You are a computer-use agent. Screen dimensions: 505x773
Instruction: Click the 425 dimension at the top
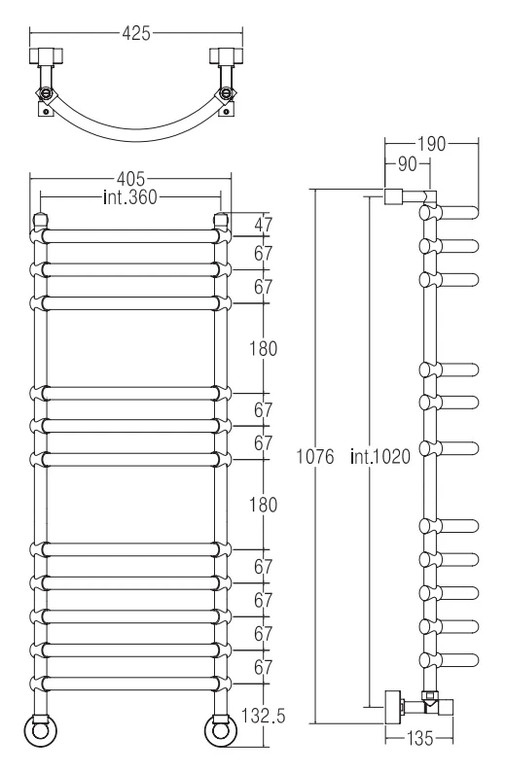[x=136, y=33]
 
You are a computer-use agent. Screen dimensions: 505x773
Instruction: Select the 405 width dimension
[x=130, y=178]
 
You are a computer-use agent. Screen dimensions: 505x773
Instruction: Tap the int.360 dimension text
[x=130, y=197]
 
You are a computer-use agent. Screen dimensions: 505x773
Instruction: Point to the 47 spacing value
[x=263, y=225]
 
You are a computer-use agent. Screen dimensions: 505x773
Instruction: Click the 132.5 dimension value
[x=264, y=716]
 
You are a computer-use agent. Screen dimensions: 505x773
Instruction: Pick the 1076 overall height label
[x=314, y=457]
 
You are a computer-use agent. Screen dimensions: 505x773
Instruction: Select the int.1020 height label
[x=380, y=457]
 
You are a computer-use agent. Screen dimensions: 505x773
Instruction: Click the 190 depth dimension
[x=431, y=144]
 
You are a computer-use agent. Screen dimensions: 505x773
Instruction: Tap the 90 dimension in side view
[x=407, y=164]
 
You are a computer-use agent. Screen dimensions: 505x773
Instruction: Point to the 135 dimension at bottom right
[x=420, y=739]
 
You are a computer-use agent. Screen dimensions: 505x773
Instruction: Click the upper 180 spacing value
[x=263, y=348]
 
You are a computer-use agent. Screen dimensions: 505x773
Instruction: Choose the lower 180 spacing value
[x=263, y=505]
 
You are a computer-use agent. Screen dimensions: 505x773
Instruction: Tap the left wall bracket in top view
[x=46, y=55]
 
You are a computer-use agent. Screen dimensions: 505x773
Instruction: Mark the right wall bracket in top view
[x=227, y=55]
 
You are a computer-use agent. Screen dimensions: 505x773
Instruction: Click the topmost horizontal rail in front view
[x=130, y=236]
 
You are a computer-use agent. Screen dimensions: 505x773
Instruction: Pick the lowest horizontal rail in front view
[x=130, y=684]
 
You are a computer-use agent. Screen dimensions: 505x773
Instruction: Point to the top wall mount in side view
[x=394, y=196]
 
